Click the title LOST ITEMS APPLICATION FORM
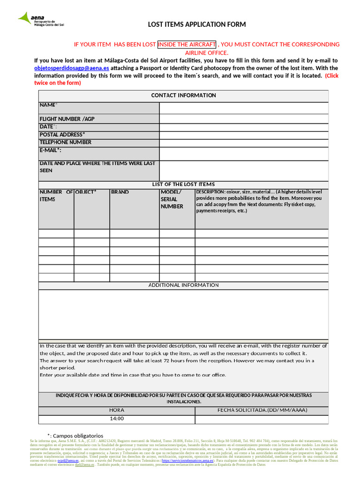197,24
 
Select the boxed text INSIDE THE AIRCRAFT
187,45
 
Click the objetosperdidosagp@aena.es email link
72,67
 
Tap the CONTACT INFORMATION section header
183,96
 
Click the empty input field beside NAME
244,108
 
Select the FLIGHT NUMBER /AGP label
67,119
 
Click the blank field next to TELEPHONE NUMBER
244,142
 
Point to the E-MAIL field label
51,150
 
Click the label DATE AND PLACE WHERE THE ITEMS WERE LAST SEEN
97,167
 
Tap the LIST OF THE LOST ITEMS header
183,184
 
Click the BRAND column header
120,192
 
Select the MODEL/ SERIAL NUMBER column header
172,199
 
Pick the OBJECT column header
86,192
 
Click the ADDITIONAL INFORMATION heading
183,285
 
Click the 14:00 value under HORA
117,419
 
